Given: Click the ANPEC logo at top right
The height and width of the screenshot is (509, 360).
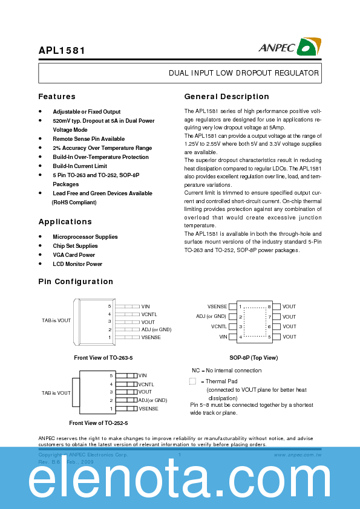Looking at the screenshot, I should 290,47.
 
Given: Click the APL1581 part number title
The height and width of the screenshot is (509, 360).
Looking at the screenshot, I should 62,51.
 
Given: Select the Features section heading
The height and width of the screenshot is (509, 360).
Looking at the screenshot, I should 57,97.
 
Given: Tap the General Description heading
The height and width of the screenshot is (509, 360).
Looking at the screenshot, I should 226,97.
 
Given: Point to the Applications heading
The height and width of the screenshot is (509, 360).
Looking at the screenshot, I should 65,222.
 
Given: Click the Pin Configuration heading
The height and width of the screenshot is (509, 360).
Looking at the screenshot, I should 76,282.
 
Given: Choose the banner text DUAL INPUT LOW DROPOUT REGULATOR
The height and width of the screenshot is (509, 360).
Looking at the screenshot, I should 243,73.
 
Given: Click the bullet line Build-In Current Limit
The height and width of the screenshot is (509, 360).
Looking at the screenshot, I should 80,166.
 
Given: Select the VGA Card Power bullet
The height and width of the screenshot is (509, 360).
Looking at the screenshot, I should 74,255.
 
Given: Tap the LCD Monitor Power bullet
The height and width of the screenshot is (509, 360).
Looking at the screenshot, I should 77,264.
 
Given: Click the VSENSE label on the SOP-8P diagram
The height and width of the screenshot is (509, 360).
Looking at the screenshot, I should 217,307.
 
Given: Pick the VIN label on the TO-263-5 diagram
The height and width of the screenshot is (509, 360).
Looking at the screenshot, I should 145,306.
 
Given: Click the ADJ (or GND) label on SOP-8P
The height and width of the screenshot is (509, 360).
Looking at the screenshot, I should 211,317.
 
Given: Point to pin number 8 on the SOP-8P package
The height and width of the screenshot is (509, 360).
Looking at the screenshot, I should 269,307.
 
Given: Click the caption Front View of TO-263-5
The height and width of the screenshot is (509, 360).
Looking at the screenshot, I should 103,358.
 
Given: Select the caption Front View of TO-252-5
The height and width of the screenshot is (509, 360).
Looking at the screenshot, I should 99,423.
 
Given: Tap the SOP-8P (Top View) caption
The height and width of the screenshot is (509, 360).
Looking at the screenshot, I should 254,358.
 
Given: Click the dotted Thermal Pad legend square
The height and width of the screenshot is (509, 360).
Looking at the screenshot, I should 192,381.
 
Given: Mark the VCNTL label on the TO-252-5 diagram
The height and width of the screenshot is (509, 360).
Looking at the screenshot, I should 146,384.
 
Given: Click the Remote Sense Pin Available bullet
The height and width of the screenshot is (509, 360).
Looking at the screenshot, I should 89,139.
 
